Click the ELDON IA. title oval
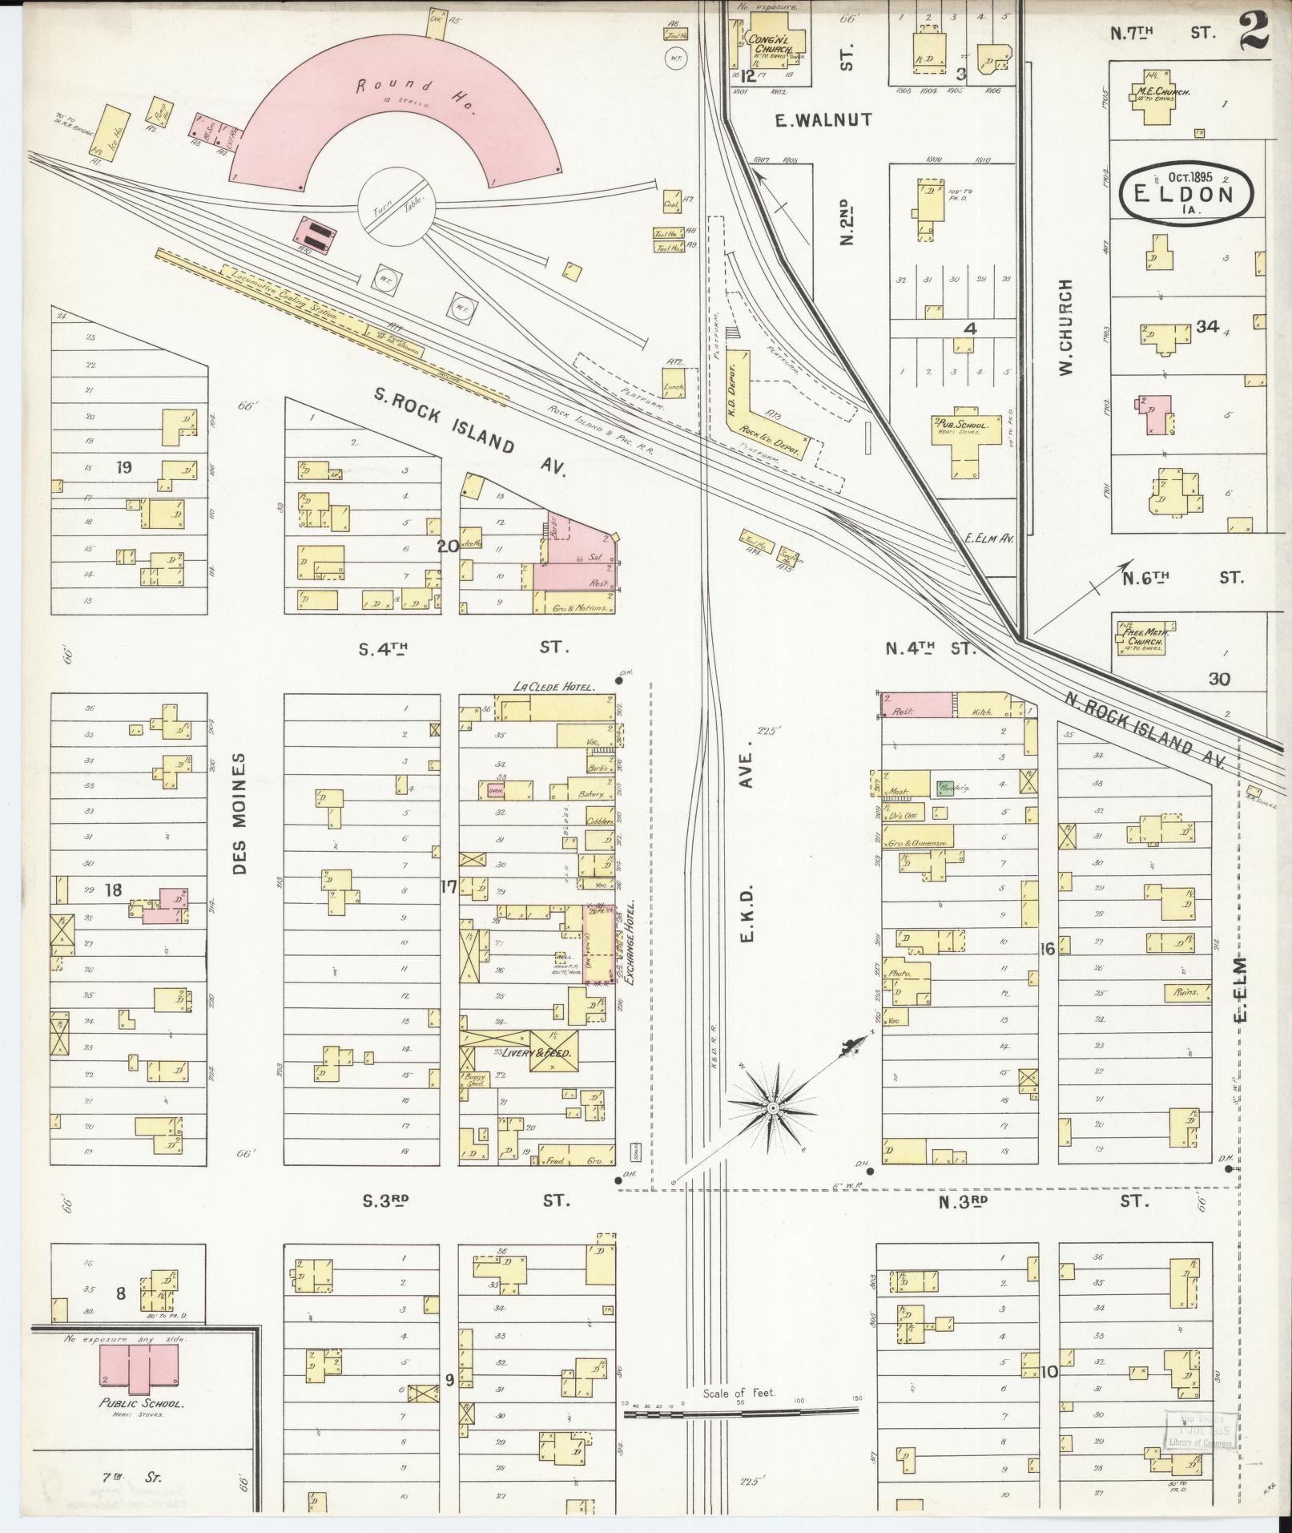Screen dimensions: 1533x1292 (x=1186, y=192)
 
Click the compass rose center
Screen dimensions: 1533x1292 (x=773, y=1108)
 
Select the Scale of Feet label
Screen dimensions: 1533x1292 (x=739, y=1393)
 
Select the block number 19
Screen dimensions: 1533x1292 (x=123, y=467)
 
